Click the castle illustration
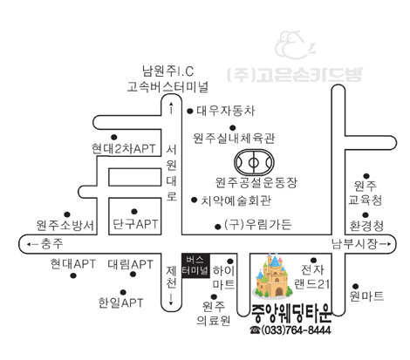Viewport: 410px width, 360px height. pyautogui.click(x=273, y=276)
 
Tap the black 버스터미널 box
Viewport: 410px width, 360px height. pyautogui.click(x=195, y=265)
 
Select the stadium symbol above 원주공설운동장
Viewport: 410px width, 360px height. pyautogui.click(x=254, y=162)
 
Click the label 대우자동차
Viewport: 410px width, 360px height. pyautogui.click(x=226, y=111)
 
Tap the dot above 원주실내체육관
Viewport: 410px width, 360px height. pyautogui.click(x=232, y=127)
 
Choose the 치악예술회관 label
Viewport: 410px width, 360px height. pyautogui.click(x=236, y=200)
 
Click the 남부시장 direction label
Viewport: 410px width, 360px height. pyautogui.click(x=354, y=243)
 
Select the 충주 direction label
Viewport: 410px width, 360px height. pyautogui.click(x=52, y=243)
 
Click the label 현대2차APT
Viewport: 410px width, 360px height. pyautogui.click(x=124, y=149)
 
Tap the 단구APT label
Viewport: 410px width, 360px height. pyautogui.click(x=135, y=224)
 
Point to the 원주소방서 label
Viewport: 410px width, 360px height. pyautogui.click(x=65, y=225)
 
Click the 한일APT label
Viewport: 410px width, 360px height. pyautogui.click(x=120, y=302)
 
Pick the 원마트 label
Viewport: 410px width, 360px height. pyautogui.click(x=366, y=295)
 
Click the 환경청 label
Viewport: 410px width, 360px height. pyautogui.click(x=366, y=226)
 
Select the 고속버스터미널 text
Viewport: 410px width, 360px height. pyautogui.click(x=167, y=87)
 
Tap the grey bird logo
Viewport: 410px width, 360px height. pyautogui.click(x=295, y=45)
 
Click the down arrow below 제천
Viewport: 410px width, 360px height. pyautogui.click(x=171, y=299)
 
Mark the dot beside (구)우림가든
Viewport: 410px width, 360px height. pyautogui.click(x=217, y=227)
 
